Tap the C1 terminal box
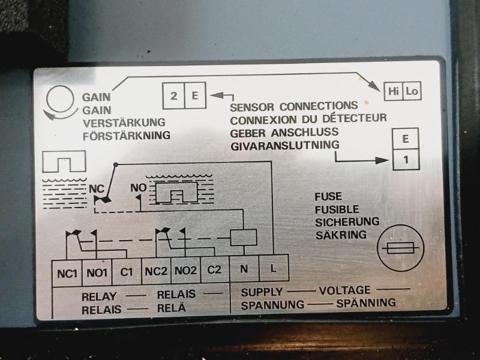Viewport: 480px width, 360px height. [126, 272]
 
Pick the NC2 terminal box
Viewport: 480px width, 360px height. [155, 271]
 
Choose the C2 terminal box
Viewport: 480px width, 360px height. [214, 270]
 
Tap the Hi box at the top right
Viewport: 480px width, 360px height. [394, 91]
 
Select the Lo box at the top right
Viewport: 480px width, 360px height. [412, 91]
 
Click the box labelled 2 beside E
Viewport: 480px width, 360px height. [173, 95]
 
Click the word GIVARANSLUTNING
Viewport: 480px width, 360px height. [284, 145]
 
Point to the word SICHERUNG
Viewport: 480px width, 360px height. [347, 221]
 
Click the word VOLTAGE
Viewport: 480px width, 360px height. [344, 290]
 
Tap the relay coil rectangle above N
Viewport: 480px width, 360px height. [244, 237]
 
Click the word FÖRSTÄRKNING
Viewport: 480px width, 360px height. [126, 136]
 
